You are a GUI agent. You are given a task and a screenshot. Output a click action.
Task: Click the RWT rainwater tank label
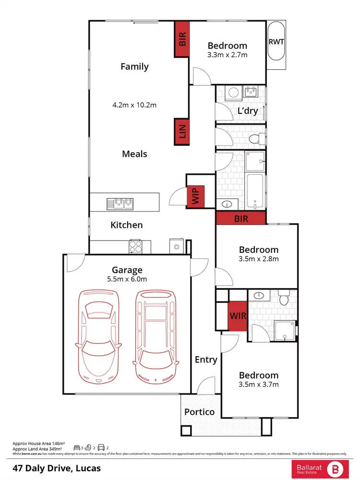point(276,42)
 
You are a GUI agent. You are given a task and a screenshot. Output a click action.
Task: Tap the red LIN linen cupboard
point(182,132)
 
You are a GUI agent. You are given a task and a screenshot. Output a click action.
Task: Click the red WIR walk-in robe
point(237,316)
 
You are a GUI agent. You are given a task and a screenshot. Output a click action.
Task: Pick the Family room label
point(134,67)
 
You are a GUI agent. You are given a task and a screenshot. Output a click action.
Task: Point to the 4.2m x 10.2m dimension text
point(134,105)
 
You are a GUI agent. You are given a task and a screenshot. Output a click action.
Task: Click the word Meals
point(134,154)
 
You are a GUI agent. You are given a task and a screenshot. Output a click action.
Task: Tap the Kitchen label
point(127,225)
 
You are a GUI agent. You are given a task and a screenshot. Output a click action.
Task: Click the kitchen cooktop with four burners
point(135,247)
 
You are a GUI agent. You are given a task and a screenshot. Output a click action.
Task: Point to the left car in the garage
point(99,336)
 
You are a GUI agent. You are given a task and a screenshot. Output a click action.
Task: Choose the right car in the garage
point(156,336)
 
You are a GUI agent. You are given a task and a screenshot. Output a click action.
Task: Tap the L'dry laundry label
point(248,111)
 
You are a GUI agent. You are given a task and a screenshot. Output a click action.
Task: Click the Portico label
point(200,412)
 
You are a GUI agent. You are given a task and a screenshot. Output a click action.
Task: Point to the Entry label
point(206,360)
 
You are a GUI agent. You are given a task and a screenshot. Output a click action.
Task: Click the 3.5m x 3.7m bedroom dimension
point(259,384)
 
